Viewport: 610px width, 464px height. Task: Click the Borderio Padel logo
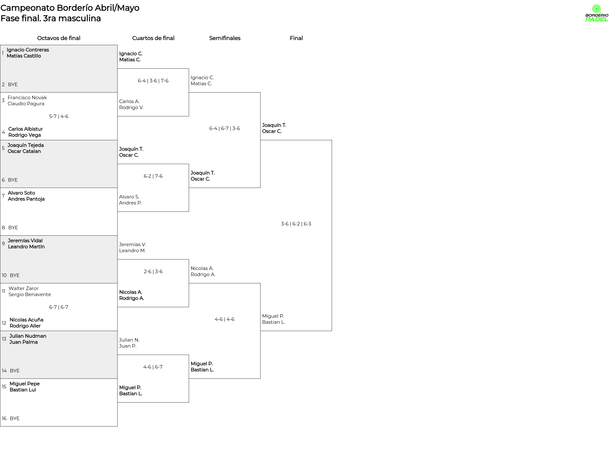pyautogui.click(x=596, y=13)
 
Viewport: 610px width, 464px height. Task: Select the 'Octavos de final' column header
pyautogui.click(x=59, y=38)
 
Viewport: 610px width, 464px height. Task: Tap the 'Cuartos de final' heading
pyautogui.click(x=153, y=38)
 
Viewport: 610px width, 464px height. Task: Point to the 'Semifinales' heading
pyautogui.click(x=225, y=38)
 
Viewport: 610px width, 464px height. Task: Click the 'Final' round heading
pyautogui.click(x=296, y=38)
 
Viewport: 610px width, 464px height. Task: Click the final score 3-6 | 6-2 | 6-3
pyautogui.click(x=296, y=224)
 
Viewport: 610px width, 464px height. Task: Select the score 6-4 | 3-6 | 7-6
pyautogui.click(x=153, y=81)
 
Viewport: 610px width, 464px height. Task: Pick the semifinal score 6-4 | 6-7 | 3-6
pyautogui.click(x=225, y=128)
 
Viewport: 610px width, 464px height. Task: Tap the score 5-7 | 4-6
pyautogui.click(x=59, y=116)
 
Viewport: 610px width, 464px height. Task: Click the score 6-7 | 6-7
pyautogui.click(x=59, y=307)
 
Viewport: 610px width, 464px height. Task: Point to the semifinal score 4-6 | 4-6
pyautogui.click(x=225, y=319)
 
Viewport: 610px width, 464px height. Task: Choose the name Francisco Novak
pyautogui.click(x=27, y=98)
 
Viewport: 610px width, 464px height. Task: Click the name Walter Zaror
pyautogui.click(x=24, y=288)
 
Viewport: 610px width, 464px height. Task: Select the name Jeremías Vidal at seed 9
pyautogui.click(x=25, y=241)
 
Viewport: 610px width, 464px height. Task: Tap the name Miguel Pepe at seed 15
pyautogui.click(x=24, y=384)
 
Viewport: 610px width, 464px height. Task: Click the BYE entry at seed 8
pyautogui.click(x=13, y=228)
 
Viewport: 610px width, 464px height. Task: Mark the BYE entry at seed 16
pyautogui.click(x=15, y=419)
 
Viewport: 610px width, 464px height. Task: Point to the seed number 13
pyautogui.click(x=4, y=339)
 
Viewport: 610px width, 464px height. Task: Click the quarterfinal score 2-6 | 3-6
pyautogui.click(x=153, y=272)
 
